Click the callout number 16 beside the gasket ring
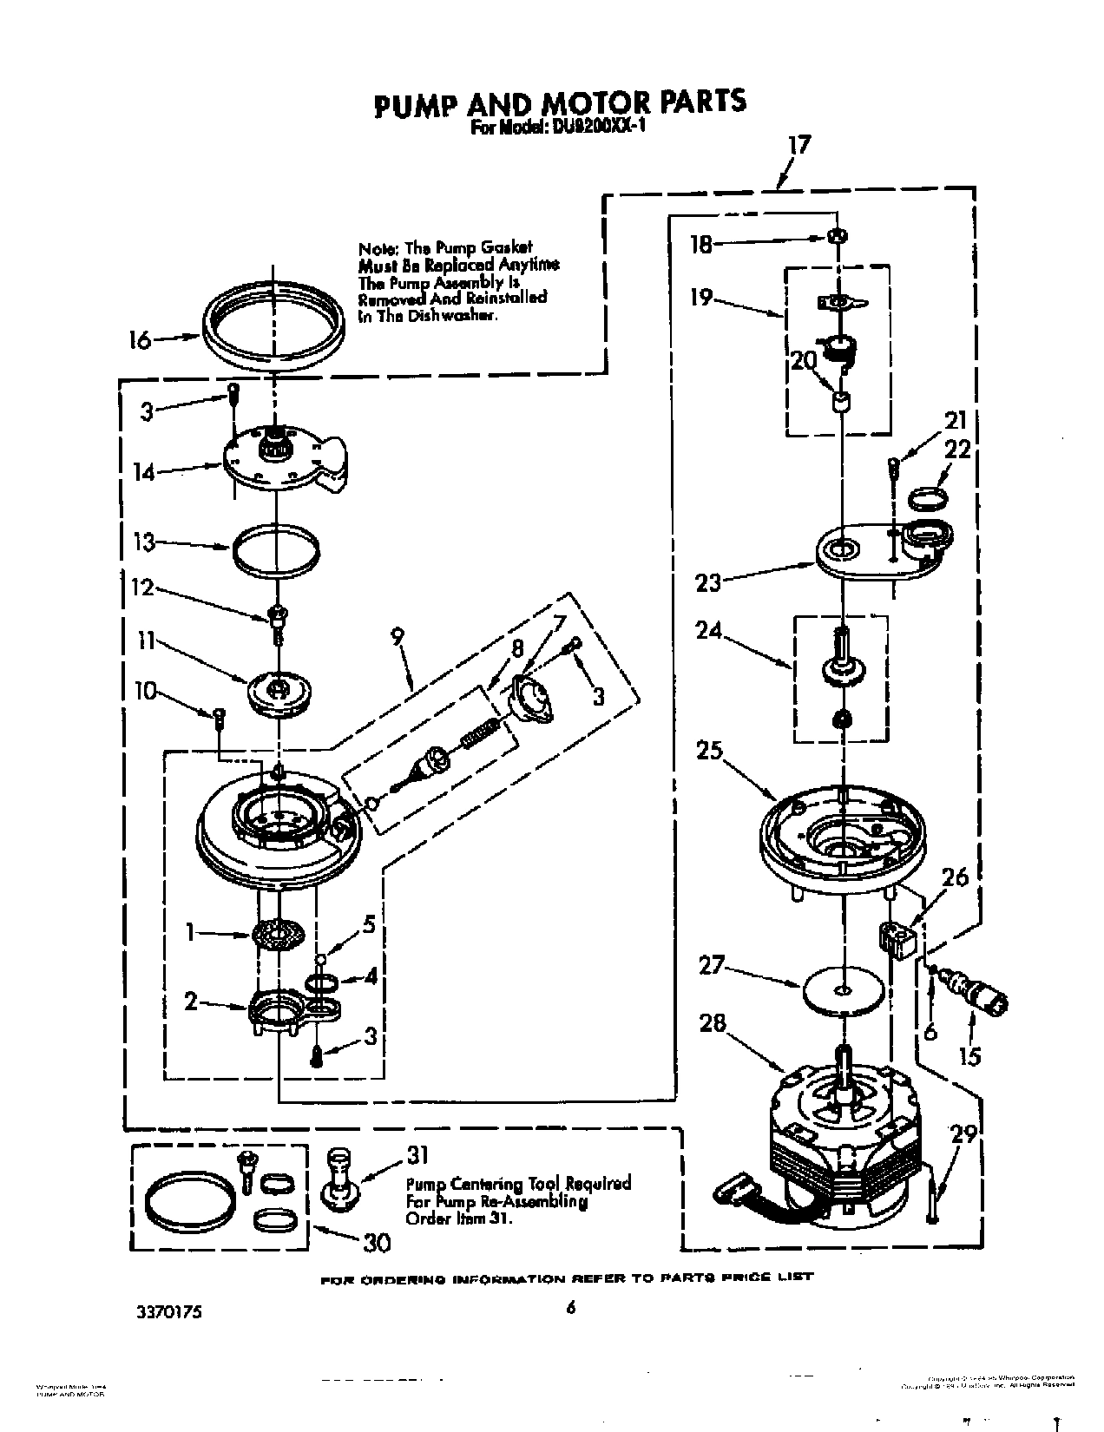pyautogui.click(x=139, y=339)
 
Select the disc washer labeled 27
pyautogui.click(x=842, y=989)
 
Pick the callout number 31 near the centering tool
pyautogui.click(x=417, y=1157)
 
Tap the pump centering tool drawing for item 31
pyautogui.click(x=339, y=1179)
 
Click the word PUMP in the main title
pyautogui.click(x=414, y=103)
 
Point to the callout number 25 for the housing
pyautogui.click(x=709, y=749)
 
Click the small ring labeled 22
pyautogui.click(x=927, y=499)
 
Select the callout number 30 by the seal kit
pyautogui.click(x=375, y=1243)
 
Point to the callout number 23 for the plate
pyautogui.click(x=708, y=581)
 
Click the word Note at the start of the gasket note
pyautogui.click(x=376, y=248)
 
